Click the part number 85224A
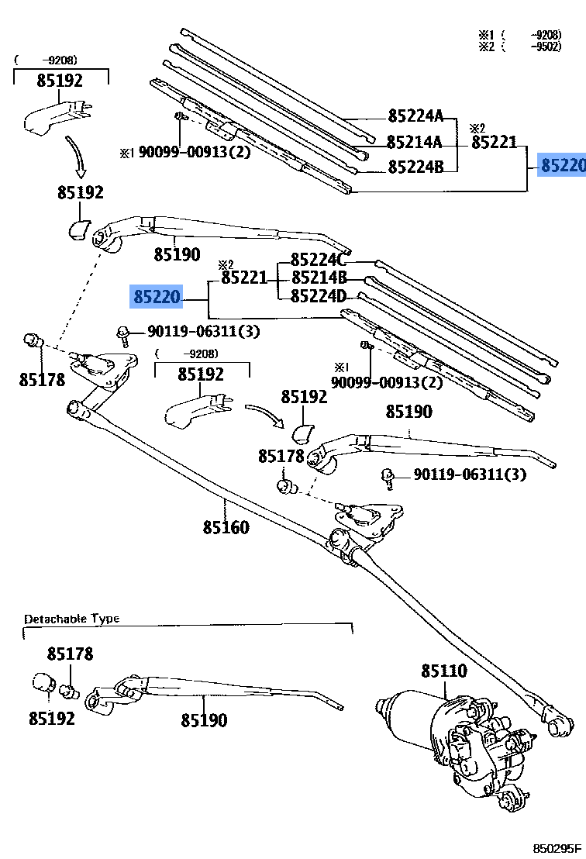tap(415, 117)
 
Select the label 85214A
tap(414, 143)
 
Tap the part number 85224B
tap(415, 167)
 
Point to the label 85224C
tap(319, 260)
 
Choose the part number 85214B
tap(319, 278)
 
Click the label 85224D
tap(319, 296)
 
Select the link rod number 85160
tap(226, 528)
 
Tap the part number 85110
tap(444, 671)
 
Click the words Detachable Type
tap(71, 619)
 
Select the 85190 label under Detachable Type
tap(205, 721)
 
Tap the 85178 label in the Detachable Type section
tap(70, 654)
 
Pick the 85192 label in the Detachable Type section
tap(52, 719)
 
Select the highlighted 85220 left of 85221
tap(157, 296)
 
